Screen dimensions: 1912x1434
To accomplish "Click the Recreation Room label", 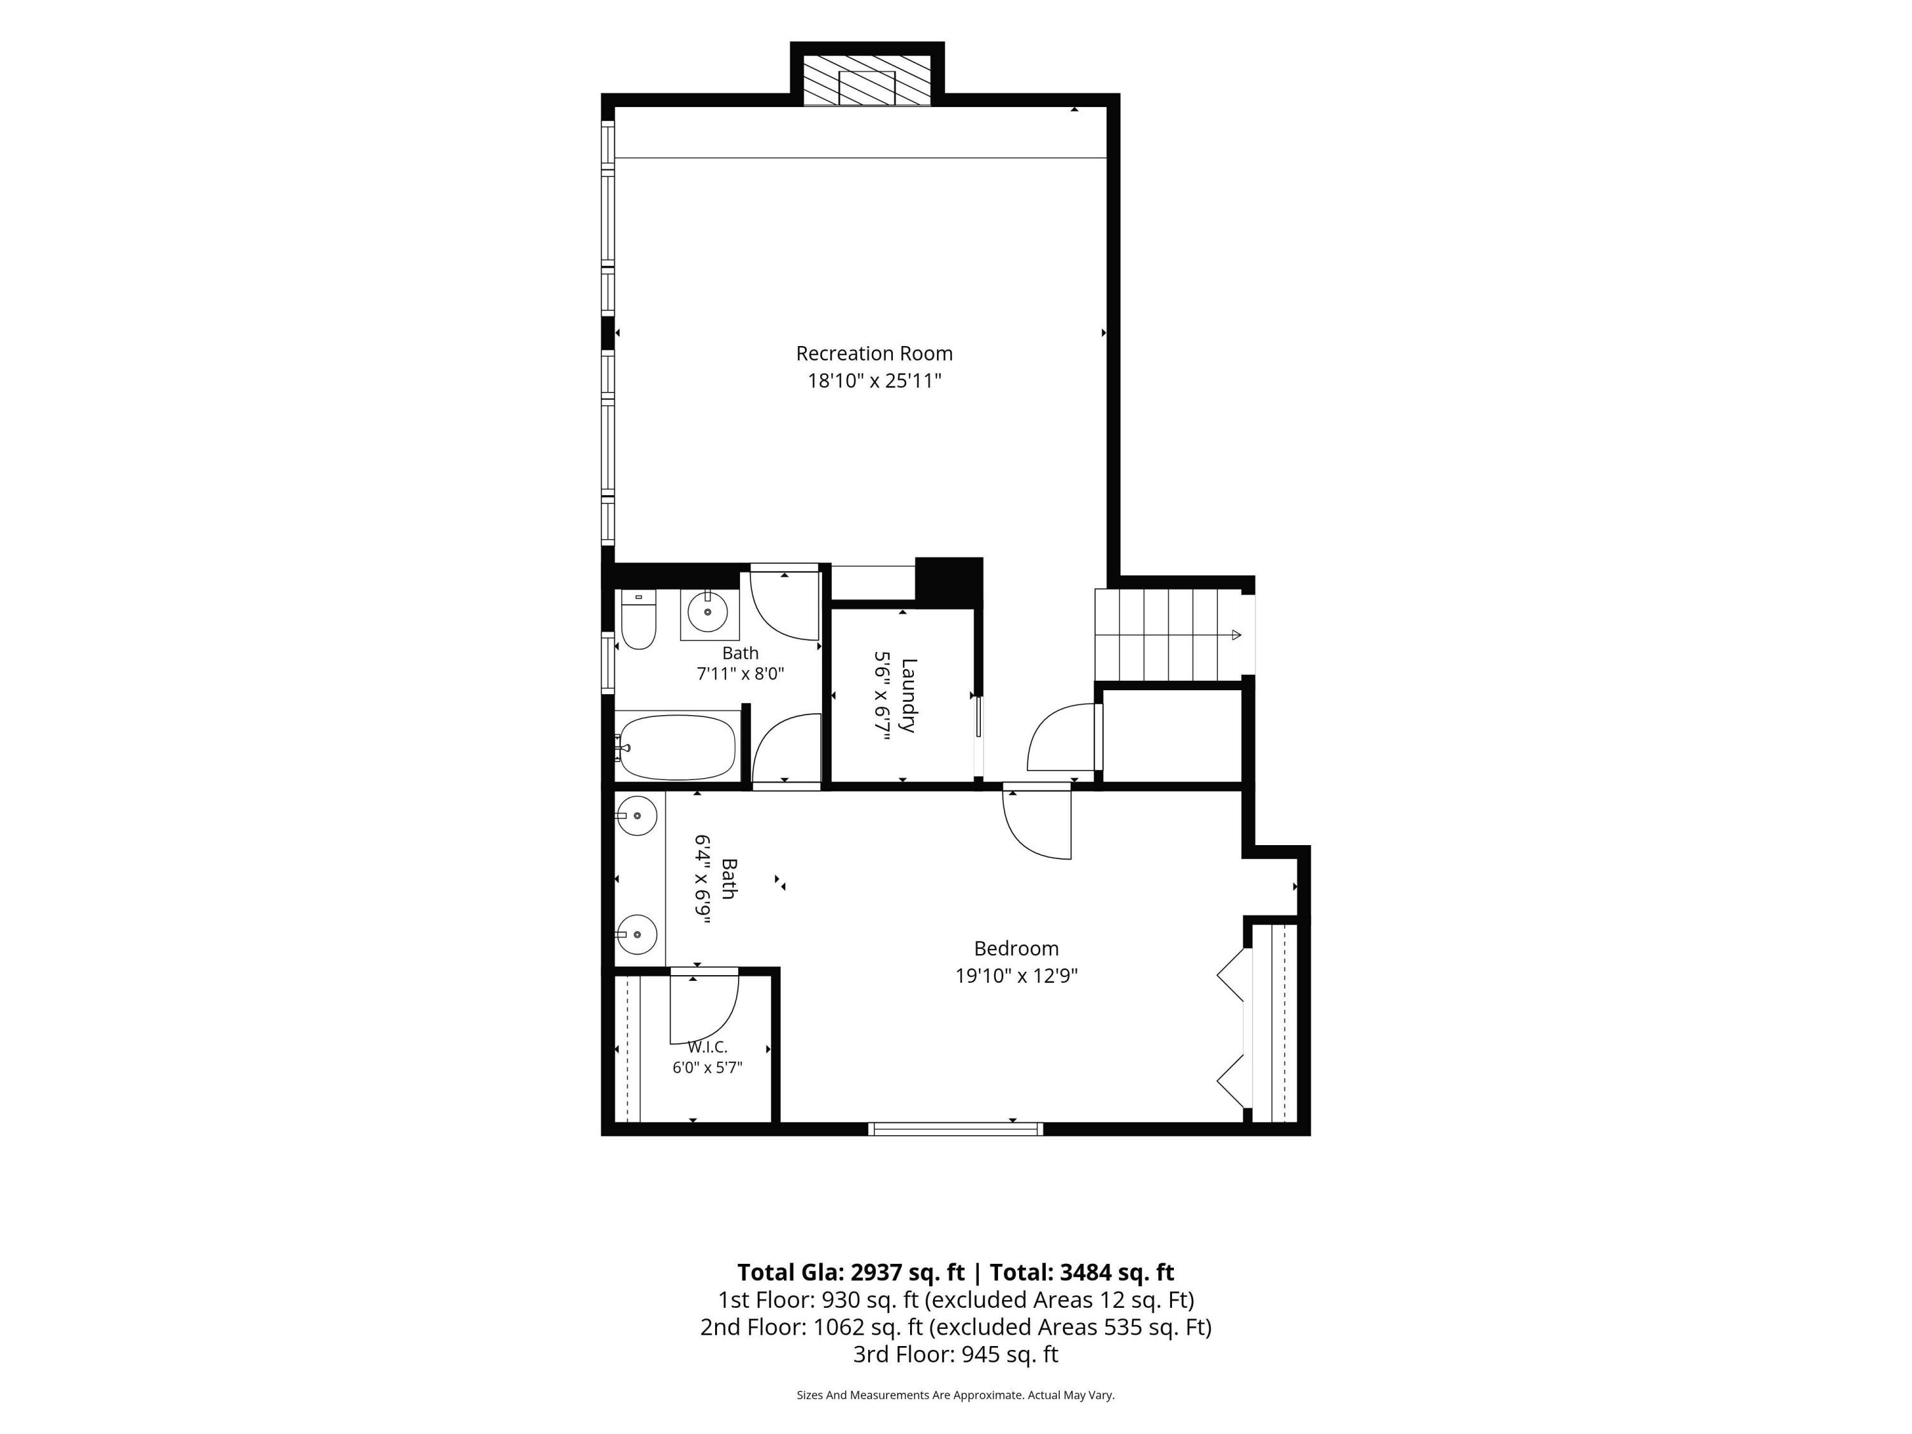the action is (874, 354).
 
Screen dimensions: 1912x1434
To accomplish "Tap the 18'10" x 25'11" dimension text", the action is (874, 381).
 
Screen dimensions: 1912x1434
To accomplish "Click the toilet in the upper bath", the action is (639, 619).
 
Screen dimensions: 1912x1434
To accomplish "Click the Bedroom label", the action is (1016, 948).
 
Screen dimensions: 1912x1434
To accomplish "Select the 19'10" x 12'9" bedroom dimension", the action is (1016, 976).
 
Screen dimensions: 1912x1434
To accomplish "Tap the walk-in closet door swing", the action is (704, 1008).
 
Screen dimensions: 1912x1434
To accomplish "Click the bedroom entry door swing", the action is (1037, 823).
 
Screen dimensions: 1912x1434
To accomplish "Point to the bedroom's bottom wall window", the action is (955, 1128).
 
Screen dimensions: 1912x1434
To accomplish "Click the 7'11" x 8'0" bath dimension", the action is (741, 674).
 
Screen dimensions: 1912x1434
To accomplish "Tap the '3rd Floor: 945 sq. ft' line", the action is (955, 1354).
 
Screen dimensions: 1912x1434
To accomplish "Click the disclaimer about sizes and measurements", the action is (955, 1394).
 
